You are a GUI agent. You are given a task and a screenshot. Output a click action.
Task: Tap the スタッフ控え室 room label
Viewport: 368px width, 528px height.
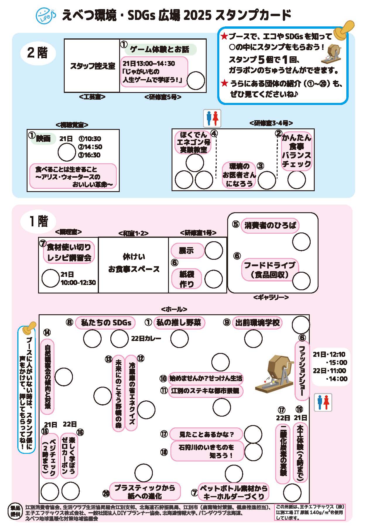(92, 66)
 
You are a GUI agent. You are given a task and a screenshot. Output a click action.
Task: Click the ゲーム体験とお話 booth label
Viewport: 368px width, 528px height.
(160, 49)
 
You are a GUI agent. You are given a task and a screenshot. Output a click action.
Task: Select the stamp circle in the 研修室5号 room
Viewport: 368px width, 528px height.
(196, 80)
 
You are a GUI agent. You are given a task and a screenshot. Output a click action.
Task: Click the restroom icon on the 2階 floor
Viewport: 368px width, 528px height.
(212, 118)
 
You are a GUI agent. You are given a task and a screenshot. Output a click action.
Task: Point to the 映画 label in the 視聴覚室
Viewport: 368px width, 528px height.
(43, 138)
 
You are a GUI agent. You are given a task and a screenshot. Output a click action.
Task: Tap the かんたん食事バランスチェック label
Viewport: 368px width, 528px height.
(296, 150)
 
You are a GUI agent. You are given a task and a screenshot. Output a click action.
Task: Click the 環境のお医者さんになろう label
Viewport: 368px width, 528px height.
(239, 175)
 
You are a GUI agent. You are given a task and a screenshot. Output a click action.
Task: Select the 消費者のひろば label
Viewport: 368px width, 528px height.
(270, 225)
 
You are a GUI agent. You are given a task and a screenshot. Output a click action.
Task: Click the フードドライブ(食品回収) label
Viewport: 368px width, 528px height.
(269, 270)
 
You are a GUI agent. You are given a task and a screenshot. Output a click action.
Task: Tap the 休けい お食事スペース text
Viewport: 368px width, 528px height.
(133, 263)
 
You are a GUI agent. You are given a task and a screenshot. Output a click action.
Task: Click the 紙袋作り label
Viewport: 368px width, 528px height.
(186, 279)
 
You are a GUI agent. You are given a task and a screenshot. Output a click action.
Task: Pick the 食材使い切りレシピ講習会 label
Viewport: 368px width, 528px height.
(69, 252)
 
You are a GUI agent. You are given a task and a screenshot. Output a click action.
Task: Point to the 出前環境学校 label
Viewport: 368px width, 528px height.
(257, 322)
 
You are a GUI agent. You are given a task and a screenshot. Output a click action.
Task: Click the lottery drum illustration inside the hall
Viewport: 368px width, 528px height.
(274, 373)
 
